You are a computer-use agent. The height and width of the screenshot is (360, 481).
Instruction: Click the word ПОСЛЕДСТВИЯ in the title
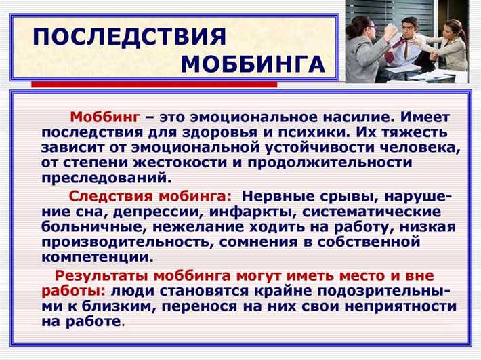click(129, 36)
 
